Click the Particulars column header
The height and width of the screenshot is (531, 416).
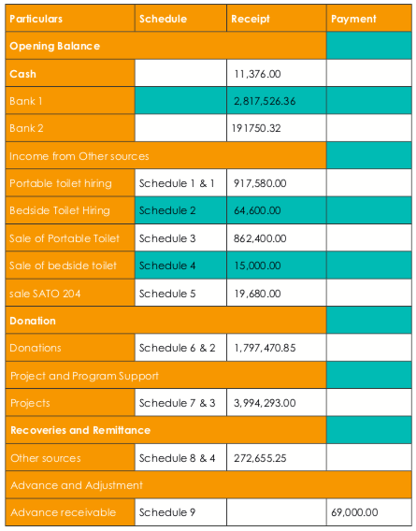tap(36, 19)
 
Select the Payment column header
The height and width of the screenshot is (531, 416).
tap(353, 19)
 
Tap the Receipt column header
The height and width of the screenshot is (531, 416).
tap(251, 19)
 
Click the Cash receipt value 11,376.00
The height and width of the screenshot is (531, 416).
tap(257, 74)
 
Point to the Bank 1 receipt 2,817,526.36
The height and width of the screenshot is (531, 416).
tap(265, 101)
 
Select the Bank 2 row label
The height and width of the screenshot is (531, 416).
tap(26, 128)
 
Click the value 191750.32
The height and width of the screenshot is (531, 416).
tap(256, 128)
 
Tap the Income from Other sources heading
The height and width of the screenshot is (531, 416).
tap(79, 156)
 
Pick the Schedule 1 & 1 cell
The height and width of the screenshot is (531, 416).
tap(177, 183)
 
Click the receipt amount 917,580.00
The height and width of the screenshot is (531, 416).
tap(260, 183)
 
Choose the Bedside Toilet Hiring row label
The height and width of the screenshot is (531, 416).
tap(60, 210)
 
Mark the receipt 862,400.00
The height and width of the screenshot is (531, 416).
tap(260, 238)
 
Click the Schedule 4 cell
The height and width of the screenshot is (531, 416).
tap(167, 265)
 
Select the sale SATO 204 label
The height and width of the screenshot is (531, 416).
tap(45, 294)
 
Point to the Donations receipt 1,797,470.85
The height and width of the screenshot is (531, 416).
tap(265, 348)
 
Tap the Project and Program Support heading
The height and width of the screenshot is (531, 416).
tap(84, 376)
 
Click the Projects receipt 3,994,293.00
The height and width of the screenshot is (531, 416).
tap(265, 403)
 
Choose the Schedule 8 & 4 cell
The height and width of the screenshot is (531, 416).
tap(177, 458)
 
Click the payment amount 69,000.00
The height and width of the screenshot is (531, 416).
tap(354, 512)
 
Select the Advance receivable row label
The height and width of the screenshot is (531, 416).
tap(64, 512)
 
